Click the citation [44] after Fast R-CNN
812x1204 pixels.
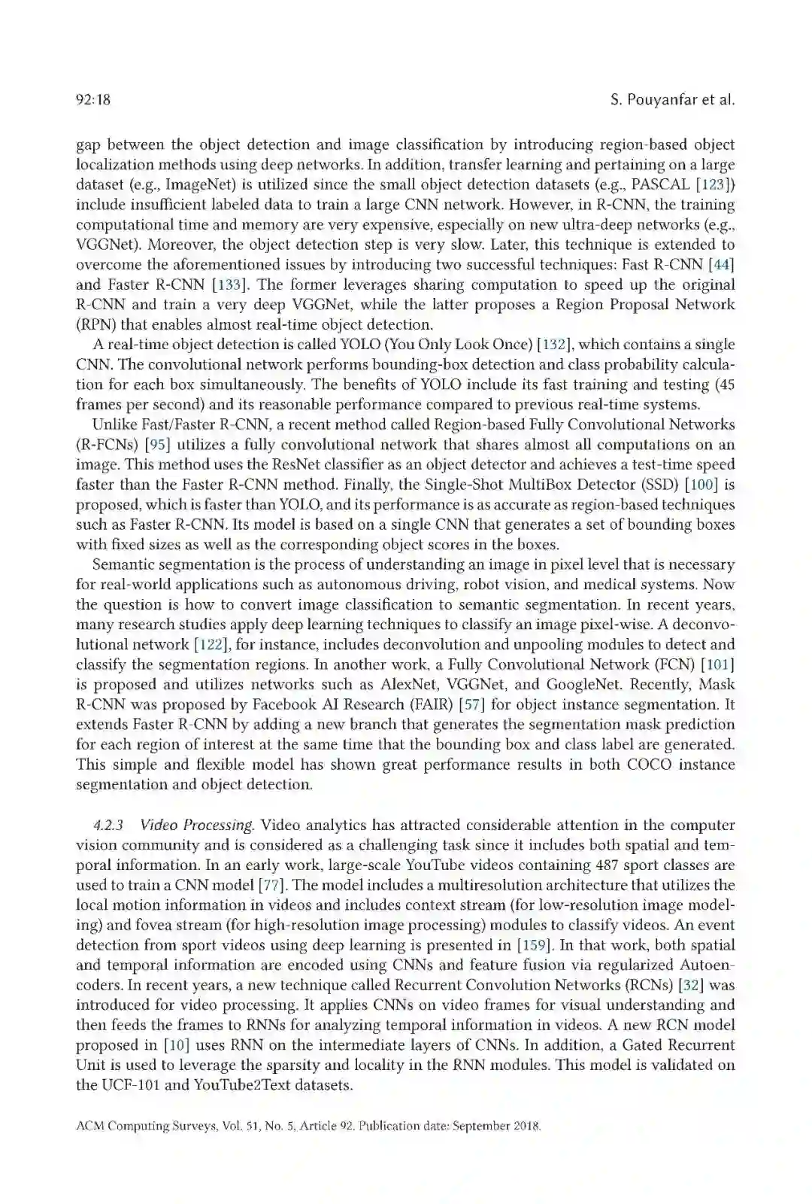pyautogui.click(x=720, y=264)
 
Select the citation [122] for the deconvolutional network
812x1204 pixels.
pyautogui.click(x=211, y=644)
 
